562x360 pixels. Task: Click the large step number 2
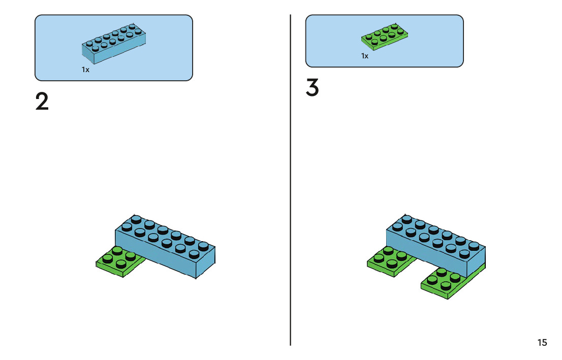tap(42, 102)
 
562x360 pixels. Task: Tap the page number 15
tap(542, 343)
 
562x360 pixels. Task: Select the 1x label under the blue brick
tap(85, 70)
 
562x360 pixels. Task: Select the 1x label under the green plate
tap(365, 56)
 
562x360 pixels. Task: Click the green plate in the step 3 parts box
tap(385, 37)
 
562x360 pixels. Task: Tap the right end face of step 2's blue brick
tap(205, 264)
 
